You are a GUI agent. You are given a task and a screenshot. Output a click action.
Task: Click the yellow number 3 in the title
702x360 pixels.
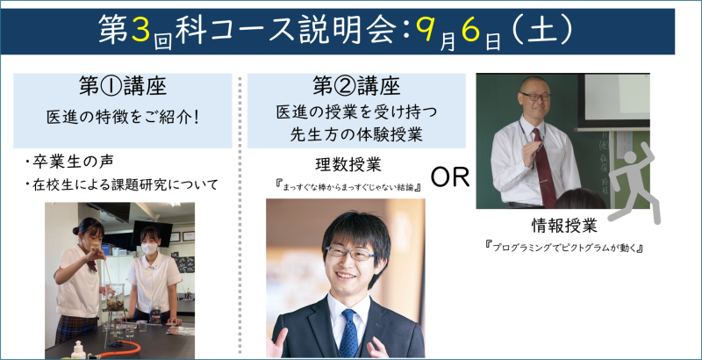pyautogui.click(x=141, y=31)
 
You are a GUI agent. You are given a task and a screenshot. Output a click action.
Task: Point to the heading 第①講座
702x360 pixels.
pyautogui.click(x=123, y=87)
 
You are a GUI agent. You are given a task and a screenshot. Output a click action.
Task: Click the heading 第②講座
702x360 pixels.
pyautogui.click(x=356, y=87)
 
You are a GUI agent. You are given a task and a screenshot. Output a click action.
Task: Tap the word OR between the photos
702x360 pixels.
pyautogui.click(x=449, y=177)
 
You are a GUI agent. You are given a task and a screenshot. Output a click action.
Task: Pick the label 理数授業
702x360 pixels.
pyautogui.click(x=347, y=165)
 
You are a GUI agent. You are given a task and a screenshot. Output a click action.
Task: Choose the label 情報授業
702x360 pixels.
pyautogui.click(x=564, y=227)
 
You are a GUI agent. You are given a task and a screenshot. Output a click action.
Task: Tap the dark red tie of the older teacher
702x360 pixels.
pyautogui.click(x=544, y=168)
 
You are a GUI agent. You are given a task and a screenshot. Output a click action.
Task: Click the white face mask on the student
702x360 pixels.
pyautogui.click(x=150, y=248)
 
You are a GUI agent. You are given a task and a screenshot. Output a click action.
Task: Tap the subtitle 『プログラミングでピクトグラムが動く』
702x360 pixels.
pyautogui.click(x=564, y=247)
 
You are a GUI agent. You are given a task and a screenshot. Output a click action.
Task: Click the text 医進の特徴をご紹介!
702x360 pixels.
pyautogui.click(x=123, y=118)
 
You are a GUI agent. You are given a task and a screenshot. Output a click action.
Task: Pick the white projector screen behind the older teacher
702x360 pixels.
pyautogui.click(x=617, y=97)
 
